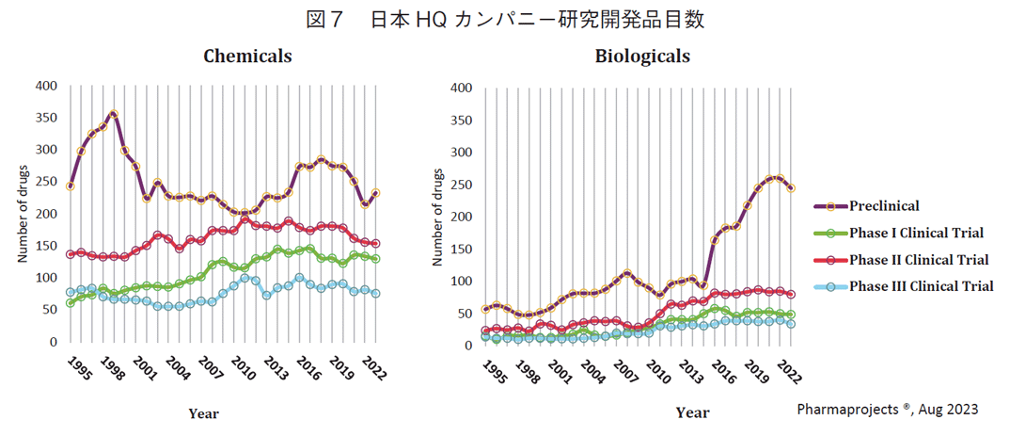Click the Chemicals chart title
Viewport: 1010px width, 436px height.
coord(247,57)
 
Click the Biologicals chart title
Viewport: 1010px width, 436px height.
coord(642,57)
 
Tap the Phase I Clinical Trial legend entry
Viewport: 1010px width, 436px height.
coord(917,233)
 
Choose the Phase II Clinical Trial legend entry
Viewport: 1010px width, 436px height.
coord(919,260)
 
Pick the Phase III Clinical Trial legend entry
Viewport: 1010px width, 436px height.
coord(921,286)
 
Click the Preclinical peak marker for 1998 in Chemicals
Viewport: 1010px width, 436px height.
coord(113,115)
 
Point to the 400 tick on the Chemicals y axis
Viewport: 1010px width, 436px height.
coord(46,86)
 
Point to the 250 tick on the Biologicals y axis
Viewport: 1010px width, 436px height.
coord(460,185)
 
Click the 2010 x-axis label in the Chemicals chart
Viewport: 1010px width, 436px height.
coord(243,366)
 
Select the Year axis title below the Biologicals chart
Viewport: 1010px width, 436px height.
coord(692,412)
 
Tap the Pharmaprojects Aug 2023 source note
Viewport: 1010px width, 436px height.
coord(887,410)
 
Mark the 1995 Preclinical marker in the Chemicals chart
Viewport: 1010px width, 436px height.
coord(70,186)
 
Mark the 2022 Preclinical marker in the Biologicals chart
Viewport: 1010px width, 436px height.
coord(791,188)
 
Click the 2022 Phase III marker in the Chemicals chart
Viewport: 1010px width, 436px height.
coord(375,293)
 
